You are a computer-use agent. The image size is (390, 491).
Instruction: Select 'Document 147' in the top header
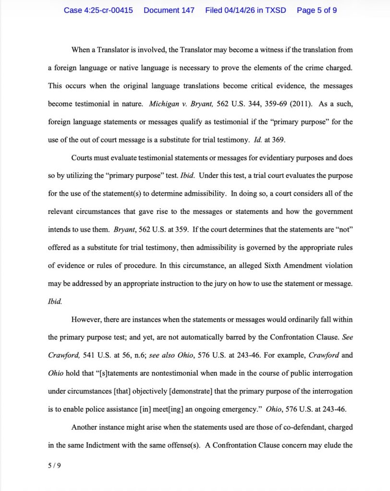coord(169,10)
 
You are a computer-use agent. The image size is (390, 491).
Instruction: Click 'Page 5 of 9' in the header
coord(317,10)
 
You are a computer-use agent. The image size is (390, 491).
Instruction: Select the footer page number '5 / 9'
coord(55,464)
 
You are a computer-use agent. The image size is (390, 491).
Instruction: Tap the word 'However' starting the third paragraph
coord(87,319)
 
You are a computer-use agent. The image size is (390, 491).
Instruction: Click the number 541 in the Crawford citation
coord(86,355)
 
